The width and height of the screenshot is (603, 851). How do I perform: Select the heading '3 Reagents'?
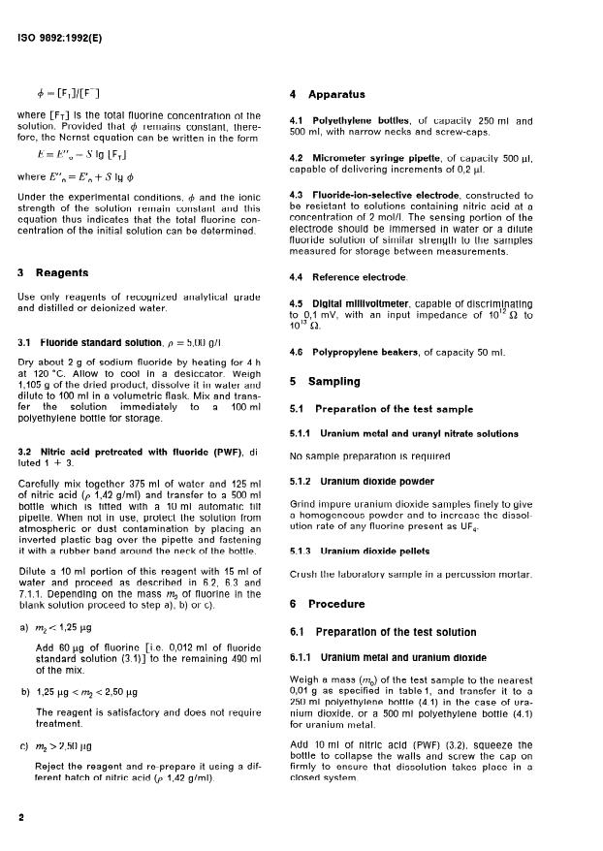[x=49, y=274]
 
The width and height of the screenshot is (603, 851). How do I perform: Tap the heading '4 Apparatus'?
[x=328, y=95]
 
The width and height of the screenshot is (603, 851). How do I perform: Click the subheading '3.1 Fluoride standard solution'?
[x=91, y=342]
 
